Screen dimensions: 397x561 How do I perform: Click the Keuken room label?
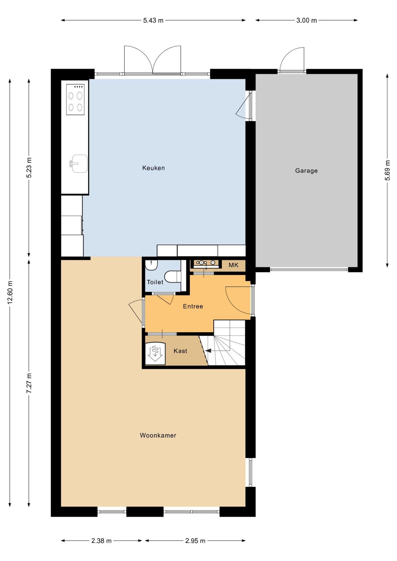153,168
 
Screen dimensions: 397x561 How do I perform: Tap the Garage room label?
306,171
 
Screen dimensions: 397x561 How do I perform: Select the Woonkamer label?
158,435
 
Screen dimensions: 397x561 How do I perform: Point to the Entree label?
193,306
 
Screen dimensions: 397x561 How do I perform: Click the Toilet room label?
155,282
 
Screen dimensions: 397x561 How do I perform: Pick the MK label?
234,265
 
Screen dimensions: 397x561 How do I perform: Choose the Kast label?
180,351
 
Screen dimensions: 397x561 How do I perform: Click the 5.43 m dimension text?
153,20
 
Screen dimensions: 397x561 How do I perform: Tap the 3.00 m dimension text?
307,20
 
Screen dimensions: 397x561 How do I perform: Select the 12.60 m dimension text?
10,292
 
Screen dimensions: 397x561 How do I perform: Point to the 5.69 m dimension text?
388,170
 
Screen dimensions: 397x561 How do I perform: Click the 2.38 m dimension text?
101,541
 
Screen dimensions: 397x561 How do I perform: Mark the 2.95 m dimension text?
195,541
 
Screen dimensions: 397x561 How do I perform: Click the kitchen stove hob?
75,99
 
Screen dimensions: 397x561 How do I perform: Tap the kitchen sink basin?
79,164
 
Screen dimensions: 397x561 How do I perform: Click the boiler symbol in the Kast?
155,353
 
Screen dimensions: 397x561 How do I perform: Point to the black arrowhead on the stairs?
208,351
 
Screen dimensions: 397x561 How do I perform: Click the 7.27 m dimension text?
29,383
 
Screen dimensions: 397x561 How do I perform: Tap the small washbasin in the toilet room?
151,265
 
